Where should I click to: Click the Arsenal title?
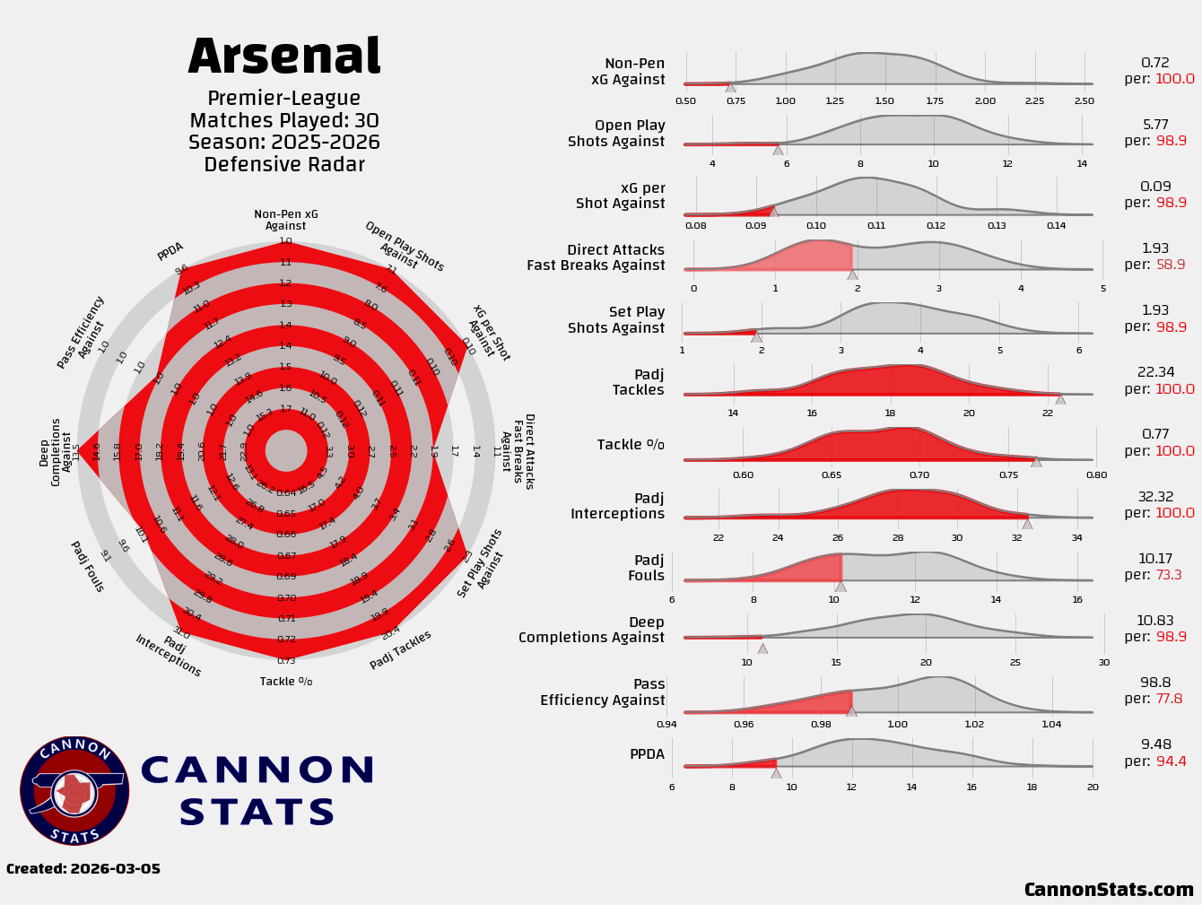coord(284,57)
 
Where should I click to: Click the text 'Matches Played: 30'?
coord(284,121)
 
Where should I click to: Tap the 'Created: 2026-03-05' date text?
coord(83,869)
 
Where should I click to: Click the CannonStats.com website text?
coord(1109,890)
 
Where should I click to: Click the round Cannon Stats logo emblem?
coord(74,791)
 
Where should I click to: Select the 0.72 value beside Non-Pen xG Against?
coord(1155,63)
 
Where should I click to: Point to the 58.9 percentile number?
coord(1171,265)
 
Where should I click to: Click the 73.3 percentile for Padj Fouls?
coord(1171,576)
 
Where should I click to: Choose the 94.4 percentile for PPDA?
coord(1171,761)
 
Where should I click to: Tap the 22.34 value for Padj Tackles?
coord(1155,372)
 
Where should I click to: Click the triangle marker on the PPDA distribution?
coord(776,772)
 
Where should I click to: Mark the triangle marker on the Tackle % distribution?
coord(1036,462)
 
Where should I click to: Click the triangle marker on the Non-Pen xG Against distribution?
coord(730,87)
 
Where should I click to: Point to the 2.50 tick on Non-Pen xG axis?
coord(1084,101)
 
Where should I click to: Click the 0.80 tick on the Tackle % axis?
coord(1096,475)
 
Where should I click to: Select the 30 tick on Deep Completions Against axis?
coord(1103,663)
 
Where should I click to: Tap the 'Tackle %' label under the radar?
coord(286,682)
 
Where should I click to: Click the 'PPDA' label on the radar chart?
coord(170,251)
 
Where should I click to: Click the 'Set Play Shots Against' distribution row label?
coord(616,320)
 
